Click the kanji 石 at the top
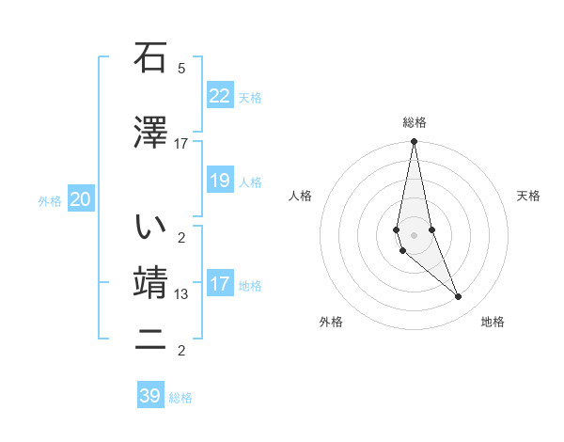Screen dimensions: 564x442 pos(149,58)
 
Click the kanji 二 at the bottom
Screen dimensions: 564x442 pos(149,341)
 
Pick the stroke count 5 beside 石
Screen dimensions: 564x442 pos(181,69)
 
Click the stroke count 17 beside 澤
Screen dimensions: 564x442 pos(181,143)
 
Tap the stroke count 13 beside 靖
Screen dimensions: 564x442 pos(181,294)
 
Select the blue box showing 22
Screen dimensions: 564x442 pos(220,96)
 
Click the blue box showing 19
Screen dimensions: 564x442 pos(220,181)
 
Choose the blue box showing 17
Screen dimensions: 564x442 pos(220,284)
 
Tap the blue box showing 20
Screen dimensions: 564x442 pos(81,199)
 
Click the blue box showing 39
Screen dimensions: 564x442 pos(150,396)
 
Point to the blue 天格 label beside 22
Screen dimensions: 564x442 pos(249,97)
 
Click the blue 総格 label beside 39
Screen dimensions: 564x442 pos(180,398)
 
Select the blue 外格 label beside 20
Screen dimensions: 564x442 pos(50,200)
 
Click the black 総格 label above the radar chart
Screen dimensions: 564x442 pos(414,122)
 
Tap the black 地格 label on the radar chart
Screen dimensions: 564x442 pos(493,322)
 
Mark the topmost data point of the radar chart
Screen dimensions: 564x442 pos(414,142)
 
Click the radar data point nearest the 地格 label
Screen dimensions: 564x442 pos(459,297)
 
